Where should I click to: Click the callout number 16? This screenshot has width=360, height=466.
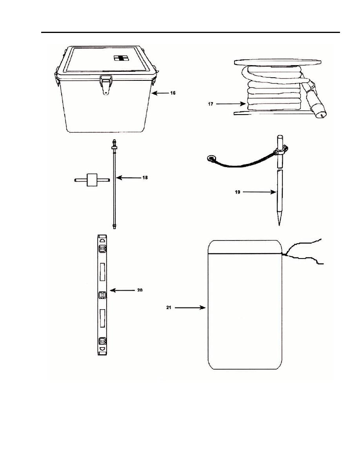[173, 93]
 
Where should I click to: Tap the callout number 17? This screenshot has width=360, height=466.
[211, 104]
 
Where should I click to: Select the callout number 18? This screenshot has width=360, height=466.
[145, 178]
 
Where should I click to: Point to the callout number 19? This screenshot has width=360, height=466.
[238, 192]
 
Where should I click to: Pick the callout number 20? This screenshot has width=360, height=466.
[140, 290]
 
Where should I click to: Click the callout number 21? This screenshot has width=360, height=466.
[169, 308]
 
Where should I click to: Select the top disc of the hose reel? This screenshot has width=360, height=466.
[278, 62]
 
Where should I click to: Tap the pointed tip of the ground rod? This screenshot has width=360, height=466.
[279, 225]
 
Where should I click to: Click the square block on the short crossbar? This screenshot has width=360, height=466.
[92, 180]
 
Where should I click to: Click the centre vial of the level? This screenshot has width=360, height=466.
[102, 295]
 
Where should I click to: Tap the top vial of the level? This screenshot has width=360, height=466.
[102, 248]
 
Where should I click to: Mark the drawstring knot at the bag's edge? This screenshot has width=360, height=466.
[282, 253]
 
